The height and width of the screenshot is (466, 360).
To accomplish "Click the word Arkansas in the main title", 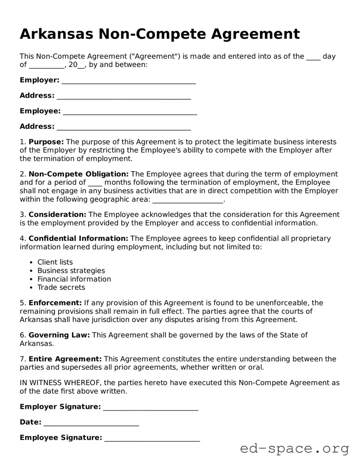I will [57, 34].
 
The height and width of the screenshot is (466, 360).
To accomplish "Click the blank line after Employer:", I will [128, 81].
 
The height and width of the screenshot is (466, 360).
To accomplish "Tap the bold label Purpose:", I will [46, 142].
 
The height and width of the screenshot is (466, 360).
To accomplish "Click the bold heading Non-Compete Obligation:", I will [78, 174].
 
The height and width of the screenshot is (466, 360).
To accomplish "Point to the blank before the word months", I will [95, 183].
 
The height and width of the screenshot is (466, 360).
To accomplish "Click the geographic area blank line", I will [188, 200].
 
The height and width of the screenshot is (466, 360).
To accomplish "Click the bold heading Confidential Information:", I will [78, 239].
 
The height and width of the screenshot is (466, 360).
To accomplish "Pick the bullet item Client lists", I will [55, 262].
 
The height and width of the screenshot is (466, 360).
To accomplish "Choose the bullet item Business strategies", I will [71, 271].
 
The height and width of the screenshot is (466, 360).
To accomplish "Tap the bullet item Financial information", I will [74, 279].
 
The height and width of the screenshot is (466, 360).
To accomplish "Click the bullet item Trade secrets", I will [61, 288].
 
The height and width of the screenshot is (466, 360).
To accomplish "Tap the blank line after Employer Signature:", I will [151, 407].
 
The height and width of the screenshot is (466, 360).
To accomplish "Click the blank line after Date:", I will [91, 422].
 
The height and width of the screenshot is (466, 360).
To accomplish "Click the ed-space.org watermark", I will [294, 449].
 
